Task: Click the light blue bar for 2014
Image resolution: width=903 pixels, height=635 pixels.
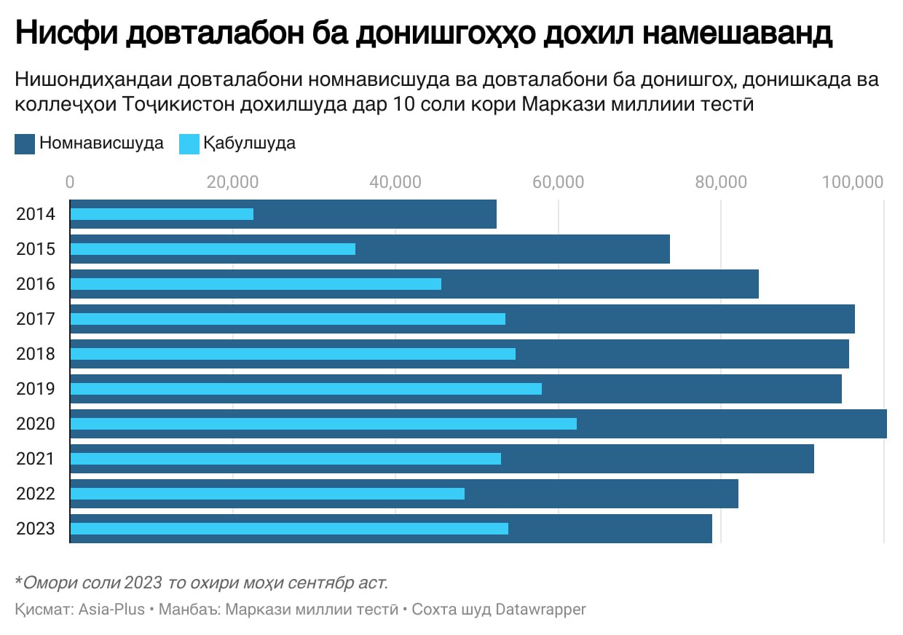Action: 162,214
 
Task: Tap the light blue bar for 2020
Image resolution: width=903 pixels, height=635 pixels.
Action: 323,424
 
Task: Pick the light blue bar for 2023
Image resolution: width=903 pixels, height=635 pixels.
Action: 289,529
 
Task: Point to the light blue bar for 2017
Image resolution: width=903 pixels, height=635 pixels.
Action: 288,319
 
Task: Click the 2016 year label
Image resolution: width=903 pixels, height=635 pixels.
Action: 36,284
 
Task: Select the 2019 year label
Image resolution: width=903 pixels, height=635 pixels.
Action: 36,389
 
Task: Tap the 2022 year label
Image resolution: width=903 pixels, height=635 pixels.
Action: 36,494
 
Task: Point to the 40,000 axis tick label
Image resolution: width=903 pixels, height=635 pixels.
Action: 395,182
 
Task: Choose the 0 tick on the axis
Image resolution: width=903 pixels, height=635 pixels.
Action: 70,182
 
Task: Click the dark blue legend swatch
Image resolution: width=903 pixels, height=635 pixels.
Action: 25,143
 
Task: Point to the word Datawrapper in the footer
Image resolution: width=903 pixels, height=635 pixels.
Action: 540,610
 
